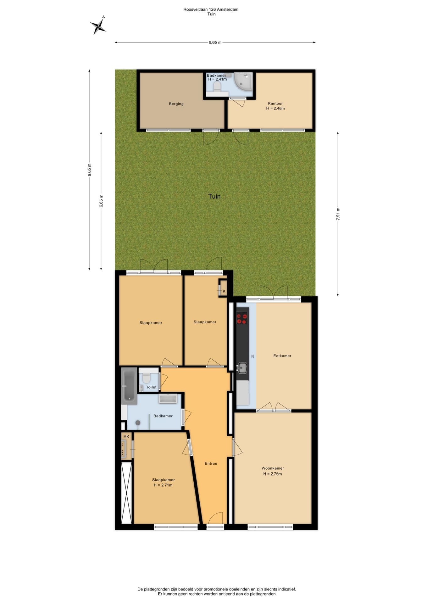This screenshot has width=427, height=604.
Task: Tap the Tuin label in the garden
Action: [214, 196]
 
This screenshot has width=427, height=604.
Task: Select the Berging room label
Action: [176, 104]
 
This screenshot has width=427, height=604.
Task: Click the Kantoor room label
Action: [275, 103]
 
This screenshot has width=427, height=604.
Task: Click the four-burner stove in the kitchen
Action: [242, 317]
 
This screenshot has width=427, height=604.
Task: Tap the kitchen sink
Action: [242, 367]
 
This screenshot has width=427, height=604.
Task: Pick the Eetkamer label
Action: [282, 356]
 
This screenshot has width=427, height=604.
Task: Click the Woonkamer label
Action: [273, 468]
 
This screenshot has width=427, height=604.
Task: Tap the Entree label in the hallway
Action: [211, 463]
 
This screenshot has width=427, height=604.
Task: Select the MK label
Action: [126, 436]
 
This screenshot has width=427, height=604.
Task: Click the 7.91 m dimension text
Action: [338, 214]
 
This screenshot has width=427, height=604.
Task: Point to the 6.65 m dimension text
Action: [101, 201]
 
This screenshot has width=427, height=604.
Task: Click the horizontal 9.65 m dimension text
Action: [215, 42]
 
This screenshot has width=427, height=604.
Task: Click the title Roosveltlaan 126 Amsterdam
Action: [211, 9]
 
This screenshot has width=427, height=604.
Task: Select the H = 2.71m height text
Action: [163, 485]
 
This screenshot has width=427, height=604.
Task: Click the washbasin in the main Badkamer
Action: [168, 399]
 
